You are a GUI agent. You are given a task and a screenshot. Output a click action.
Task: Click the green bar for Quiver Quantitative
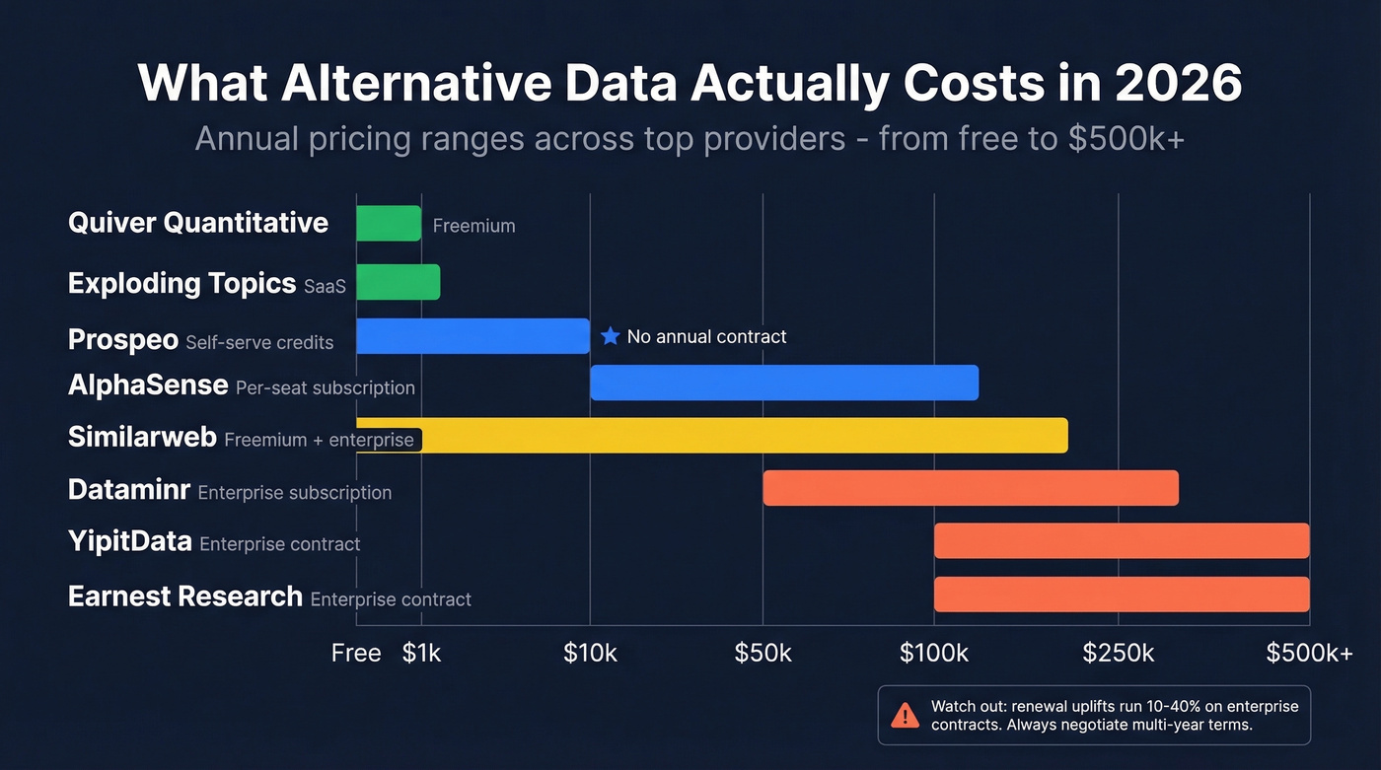[389, 223]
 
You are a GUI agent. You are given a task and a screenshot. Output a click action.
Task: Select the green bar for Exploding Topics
[398, 282]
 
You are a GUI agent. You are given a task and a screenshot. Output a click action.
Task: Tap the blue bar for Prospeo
[472, 335]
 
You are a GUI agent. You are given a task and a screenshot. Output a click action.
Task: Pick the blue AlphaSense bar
[784, 383]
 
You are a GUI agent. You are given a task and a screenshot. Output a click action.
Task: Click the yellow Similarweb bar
[740, 435]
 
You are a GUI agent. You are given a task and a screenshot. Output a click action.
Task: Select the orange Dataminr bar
[971, 488]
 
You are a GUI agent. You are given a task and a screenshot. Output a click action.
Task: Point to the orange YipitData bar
[1122, 540]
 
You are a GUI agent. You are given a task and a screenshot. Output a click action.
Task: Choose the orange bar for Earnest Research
[1122, 594]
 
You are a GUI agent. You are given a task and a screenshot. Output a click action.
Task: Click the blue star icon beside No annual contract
[610, 336]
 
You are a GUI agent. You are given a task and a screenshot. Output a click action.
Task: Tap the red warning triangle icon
[904, 716]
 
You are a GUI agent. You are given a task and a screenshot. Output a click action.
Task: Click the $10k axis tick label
[590, 653]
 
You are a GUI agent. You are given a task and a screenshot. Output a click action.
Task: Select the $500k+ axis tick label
[1309, 653]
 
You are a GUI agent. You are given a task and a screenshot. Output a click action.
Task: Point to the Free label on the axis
[356, 653]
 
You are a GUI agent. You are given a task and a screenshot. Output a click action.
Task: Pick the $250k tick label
[1118, 653]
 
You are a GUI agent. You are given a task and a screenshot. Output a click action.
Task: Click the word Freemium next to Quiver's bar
[473, 226]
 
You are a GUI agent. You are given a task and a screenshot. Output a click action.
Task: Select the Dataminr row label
[129, 489]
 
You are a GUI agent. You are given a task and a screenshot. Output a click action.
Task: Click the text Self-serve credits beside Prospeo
[259, 343]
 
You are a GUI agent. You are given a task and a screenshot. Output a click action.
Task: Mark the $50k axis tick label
[763, 653]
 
